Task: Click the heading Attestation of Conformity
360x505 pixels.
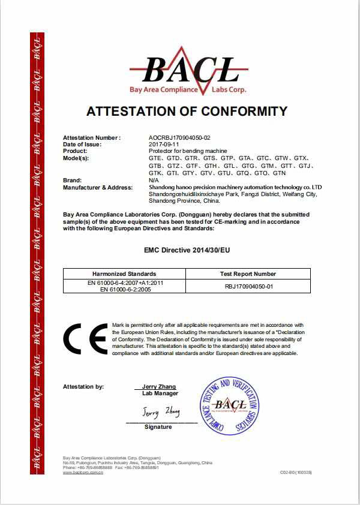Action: click(187, 111)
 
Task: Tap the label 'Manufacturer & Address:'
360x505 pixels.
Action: click(98, 187)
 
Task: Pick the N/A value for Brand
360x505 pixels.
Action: click(153, 181)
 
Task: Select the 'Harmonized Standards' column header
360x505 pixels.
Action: click(124, 273)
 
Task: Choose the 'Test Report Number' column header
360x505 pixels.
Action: click(248, 273)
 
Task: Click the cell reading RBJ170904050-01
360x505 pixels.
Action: click(248, 286)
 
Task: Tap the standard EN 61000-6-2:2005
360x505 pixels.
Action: click(124, 289)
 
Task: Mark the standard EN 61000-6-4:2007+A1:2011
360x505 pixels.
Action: click(124, 282)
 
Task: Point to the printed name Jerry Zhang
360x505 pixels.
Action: click(160, 387)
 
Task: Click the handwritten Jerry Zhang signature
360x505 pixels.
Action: click(161, 413)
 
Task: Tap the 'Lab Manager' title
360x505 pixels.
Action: click(160, 393)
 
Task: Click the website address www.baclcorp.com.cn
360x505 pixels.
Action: click(83, 473)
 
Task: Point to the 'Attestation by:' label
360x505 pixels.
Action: click(83, 387)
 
